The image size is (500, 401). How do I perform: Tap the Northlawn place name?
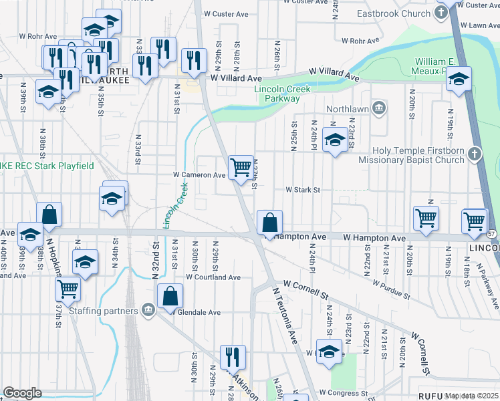(348, 108)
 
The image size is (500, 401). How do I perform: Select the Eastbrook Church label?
(402, 13)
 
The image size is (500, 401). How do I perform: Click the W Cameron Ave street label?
(201, 175)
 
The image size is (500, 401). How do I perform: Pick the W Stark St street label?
(303, 190)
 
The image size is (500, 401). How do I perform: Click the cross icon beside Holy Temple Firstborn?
(475, 154)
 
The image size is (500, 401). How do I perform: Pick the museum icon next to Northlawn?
(378, 108)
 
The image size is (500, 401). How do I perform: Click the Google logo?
(22, 392)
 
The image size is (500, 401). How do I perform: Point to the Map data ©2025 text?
(472, 396)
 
